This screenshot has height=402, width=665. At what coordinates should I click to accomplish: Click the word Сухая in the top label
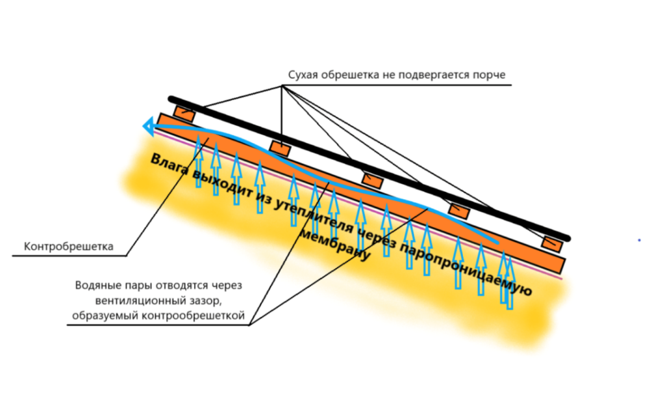(x=303, y=74)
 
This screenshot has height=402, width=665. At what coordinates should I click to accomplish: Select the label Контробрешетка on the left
(x=69, y=247)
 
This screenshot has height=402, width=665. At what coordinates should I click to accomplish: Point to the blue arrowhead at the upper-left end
(x=149, y=126)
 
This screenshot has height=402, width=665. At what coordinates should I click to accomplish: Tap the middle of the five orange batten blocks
(x=372, y=180)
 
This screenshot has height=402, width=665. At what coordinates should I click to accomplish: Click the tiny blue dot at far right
(x=640, y=240)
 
